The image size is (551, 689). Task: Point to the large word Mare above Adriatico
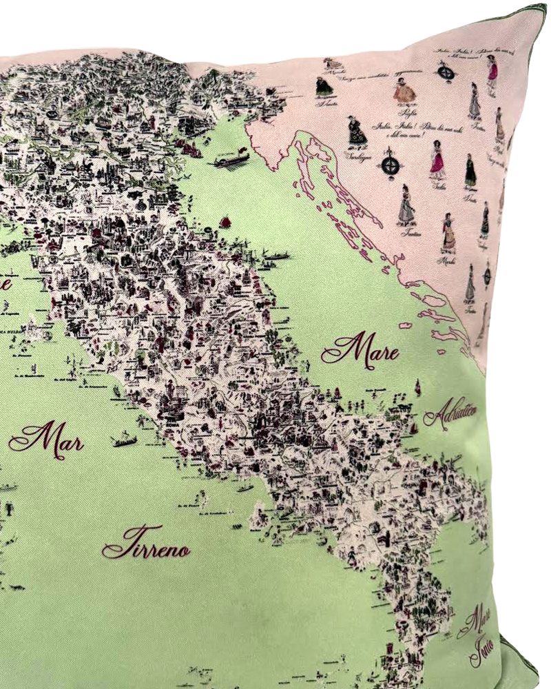(360, 351)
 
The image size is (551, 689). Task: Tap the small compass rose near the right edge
(487, 275)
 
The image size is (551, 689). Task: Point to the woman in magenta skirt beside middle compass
(437, 161)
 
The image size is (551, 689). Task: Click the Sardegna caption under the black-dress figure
(358, 156)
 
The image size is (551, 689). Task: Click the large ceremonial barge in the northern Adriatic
(231, 160)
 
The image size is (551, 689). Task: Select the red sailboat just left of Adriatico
(417, 388)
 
